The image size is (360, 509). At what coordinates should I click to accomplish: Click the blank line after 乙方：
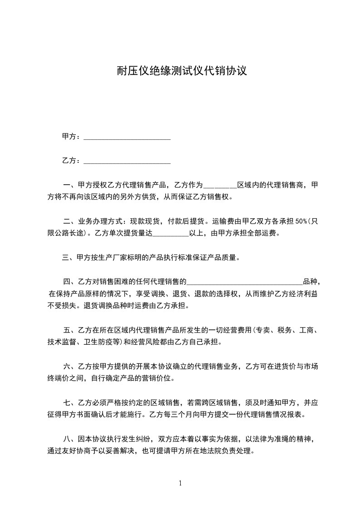tap(128, 161)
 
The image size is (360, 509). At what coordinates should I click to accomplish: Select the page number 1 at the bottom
tap(180, 483)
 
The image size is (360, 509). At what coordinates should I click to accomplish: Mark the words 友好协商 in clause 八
tap(86, 451)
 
